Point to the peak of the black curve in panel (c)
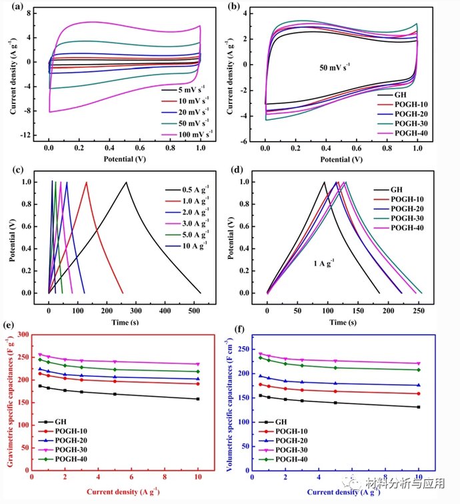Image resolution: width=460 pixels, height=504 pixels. coord(126,182)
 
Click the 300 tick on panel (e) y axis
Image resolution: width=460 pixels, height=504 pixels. coord(25,334)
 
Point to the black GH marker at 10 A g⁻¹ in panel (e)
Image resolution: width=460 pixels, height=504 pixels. coord(198,399)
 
